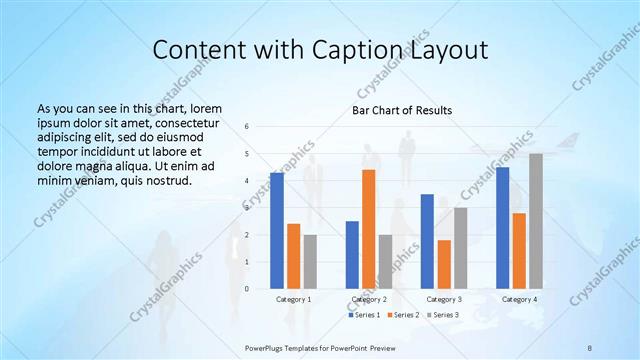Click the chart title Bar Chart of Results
401,110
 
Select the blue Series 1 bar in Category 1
277,230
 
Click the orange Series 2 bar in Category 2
368,229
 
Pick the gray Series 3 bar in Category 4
536,221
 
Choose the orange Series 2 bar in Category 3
444,264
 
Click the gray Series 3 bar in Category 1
310,261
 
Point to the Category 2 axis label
369,299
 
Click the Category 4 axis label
519,299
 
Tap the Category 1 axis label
294,299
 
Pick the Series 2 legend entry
403,315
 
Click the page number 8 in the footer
590,346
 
